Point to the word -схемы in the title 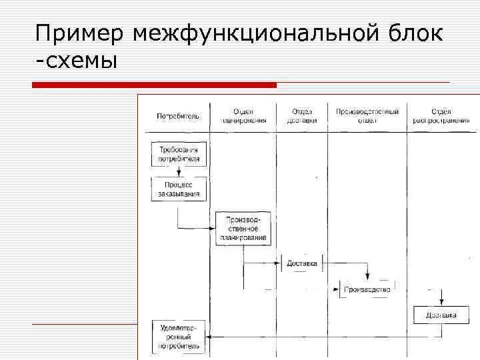point(77,61)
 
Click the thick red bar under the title point(155,85)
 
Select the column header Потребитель point(178,116)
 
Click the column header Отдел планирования point(243,116)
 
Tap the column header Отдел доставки point(301,116)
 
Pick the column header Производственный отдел point(367,116)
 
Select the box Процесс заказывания point(179,189)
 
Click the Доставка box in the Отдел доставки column point(302,263)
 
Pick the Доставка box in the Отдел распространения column point(441,315)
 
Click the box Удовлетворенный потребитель point(179,337)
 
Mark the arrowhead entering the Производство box point(336,289)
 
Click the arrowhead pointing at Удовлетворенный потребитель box point(209,337)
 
